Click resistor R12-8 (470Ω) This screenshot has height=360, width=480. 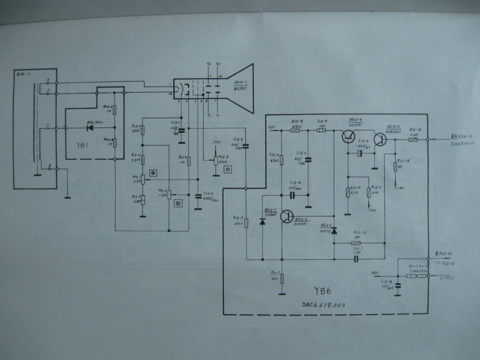pos(295,130)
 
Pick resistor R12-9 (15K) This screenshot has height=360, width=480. pos(321,130)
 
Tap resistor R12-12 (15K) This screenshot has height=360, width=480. pos(358,242)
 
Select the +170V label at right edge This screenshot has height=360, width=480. pos(447,278)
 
